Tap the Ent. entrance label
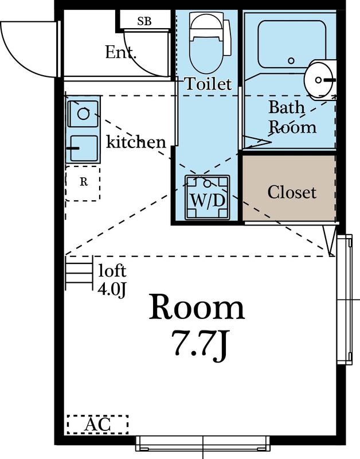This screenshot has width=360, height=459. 121,53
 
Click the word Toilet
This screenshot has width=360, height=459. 208,84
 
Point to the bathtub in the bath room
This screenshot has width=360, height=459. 284,43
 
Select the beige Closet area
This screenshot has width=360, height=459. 289,190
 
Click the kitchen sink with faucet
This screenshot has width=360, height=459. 83,149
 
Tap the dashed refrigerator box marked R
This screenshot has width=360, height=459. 83,182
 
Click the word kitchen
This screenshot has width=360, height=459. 136,142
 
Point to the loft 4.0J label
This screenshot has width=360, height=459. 112,279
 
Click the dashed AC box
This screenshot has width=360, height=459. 97,425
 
